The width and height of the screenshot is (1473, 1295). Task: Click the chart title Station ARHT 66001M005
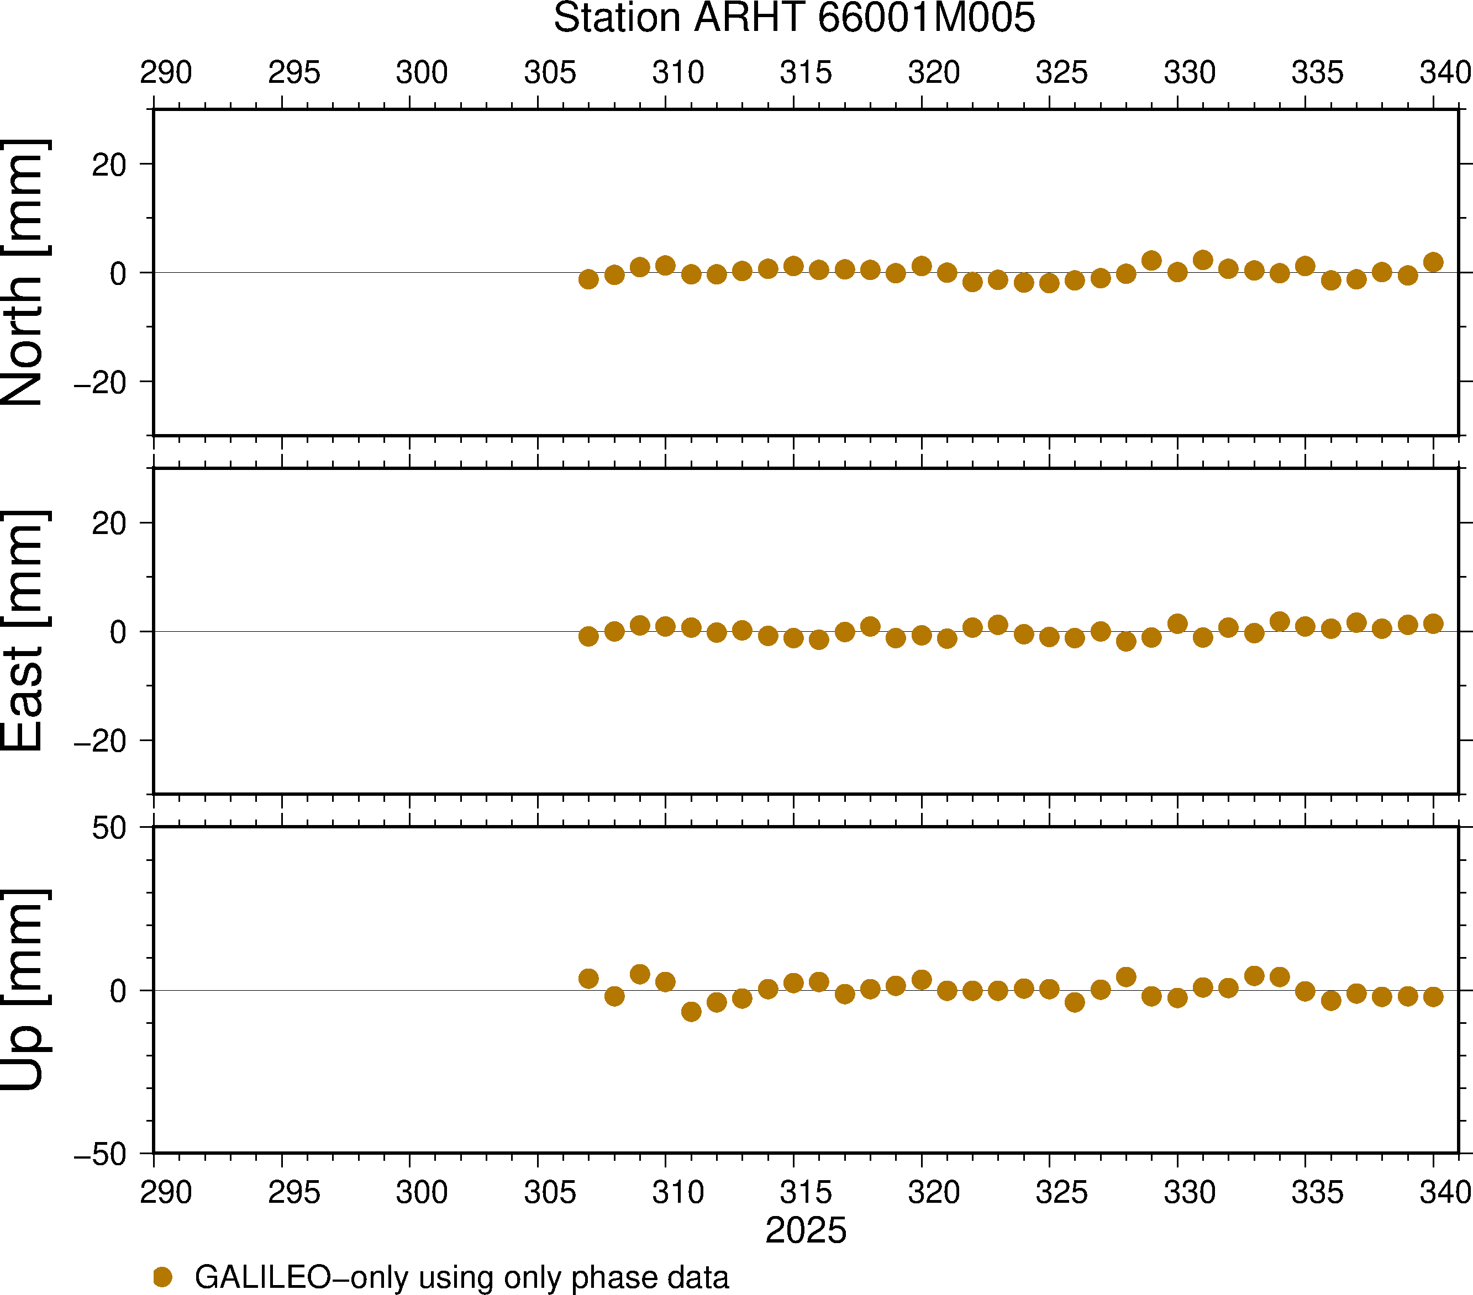(793, 19)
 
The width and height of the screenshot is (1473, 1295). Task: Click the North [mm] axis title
(24, 272)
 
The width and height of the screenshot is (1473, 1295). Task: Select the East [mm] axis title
(24, 631)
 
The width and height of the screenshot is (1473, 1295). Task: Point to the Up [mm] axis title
(24, 990)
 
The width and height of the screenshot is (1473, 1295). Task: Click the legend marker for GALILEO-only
(163, 1277)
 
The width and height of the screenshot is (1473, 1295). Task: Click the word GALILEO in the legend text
(262, 1277)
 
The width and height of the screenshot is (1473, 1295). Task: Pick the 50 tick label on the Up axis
(109, 829)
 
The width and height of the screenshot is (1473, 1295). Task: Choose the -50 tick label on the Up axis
(100, 1155)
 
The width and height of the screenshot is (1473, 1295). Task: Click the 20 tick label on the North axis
(109, 165)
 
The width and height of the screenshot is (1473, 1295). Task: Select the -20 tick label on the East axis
(100, 741)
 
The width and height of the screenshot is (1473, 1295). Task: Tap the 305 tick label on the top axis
(550, 73)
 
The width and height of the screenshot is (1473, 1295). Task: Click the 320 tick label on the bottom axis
(934, 1193)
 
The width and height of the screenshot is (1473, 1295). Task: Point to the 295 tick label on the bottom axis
(294, 1193)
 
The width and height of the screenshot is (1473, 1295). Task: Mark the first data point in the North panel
(589, 279)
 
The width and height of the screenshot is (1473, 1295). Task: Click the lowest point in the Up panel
(691, 1012)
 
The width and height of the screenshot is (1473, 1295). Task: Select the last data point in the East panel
(1433, 623)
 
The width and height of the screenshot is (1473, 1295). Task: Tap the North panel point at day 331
(1203, 260)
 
